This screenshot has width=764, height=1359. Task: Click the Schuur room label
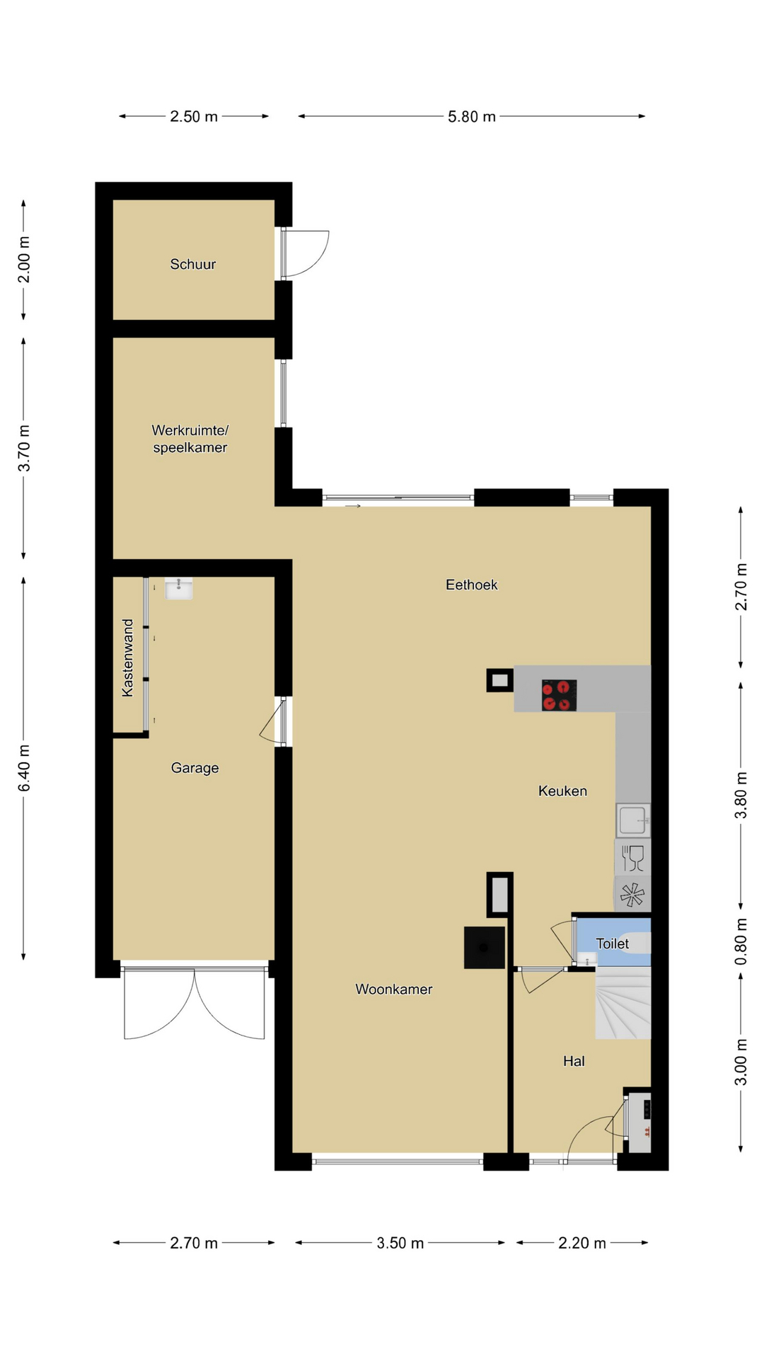[193, 264]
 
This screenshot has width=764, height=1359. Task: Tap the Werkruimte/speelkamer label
[190, 439]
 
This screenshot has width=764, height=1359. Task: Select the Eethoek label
[471, 585]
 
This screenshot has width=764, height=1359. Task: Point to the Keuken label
[562, 791]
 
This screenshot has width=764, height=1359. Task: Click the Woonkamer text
[393, 989]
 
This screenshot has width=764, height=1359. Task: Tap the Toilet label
[613, 944]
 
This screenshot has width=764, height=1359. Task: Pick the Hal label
[574, 1061]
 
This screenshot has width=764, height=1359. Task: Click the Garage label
[195, 768]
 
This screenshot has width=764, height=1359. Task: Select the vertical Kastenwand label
[127, 658]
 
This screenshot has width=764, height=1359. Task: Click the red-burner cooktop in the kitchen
[559, 695]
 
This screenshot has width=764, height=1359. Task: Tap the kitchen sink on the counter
[632, 820]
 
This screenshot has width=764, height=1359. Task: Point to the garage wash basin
[179, 588]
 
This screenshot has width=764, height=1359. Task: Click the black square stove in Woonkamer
[485, 947]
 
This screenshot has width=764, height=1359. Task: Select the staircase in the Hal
[623, 1003]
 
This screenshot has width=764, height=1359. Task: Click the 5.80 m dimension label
[472, 117]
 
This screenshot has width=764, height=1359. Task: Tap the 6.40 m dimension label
[24, 768]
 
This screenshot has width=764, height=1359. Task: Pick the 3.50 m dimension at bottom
[400, 1243]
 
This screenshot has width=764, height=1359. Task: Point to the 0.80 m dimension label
[741, 941]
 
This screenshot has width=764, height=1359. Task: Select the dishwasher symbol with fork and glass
[632, 859]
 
